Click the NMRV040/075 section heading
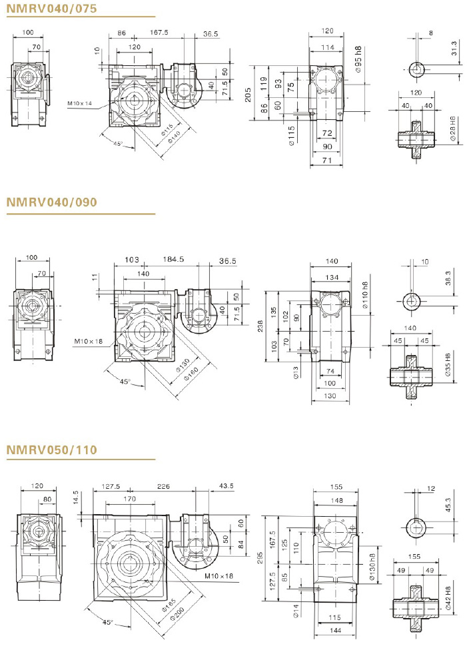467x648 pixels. coord(52,9)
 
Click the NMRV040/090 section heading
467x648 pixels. coord(52,202)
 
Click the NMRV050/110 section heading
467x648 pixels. coord(52,450)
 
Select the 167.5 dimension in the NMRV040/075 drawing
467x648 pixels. coord(159,32)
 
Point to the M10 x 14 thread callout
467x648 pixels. coord(80,103)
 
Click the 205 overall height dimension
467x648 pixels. coord(248,95)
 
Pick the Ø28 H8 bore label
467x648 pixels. coord(453,129)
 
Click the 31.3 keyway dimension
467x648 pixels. coord(454,49)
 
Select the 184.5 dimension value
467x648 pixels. coord(173,259)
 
